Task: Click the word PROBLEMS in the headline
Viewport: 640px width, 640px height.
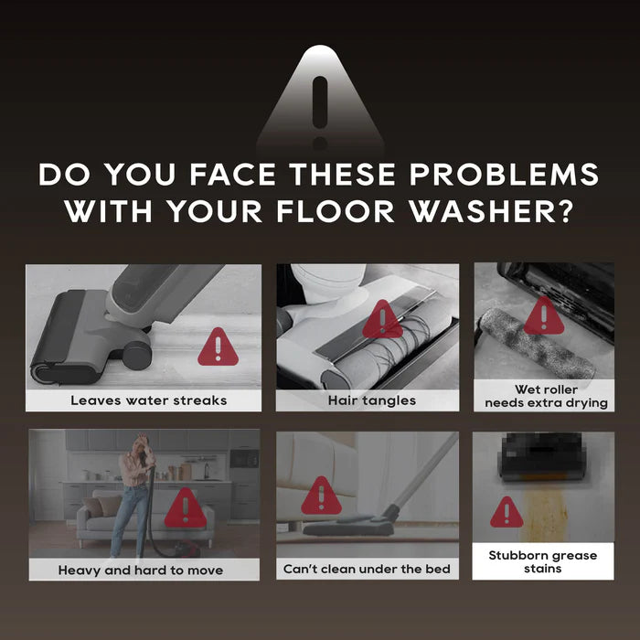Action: (504, 175)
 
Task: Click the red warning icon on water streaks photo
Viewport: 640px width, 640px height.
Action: (218, 347)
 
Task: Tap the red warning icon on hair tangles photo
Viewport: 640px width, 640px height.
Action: (382, 320)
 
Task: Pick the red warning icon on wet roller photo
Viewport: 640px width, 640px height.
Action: (544, 316)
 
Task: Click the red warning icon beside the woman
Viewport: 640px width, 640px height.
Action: (186, 508)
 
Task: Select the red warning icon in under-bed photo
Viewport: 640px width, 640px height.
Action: (321, 496)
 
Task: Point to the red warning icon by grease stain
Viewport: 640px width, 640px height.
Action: (507, 513)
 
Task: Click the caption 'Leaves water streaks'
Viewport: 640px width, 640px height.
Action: (148, 400)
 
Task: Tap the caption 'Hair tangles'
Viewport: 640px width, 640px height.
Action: (372, 400)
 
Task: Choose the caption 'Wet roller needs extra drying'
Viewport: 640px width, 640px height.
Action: (546, 396)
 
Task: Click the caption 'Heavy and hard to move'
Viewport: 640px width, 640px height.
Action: (141, 570)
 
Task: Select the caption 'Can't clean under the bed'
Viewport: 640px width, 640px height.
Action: (367, 569)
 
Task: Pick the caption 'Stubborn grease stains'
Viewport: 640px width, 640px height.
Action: (543, 561)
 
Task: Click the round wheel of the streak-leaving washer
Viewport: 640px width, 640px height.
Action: (137, 355)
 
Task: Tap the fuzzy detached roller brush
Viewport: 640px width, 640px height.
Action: (537, 344)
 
